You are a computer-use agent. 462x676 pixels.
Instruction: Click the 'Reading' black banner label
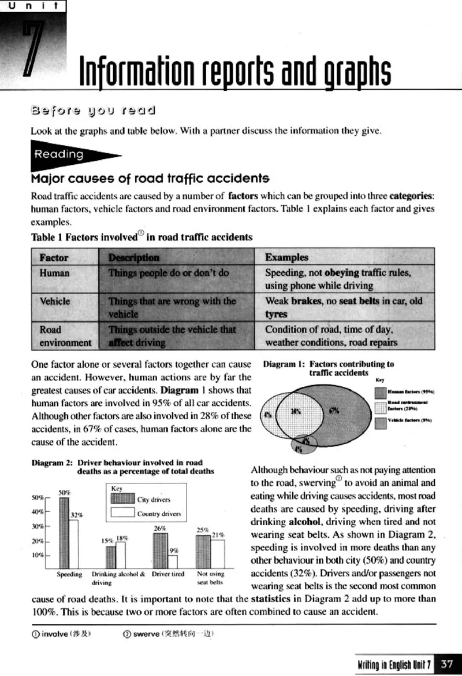pos(59,154)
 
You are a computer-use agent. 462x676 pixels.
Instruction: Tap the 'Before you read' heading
pos(93,110)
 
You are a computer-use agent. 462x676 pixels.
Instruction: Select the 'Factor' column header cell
pos(54,257)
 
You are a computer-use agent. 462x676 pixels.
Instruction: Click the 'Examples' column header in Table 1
pos(286,257)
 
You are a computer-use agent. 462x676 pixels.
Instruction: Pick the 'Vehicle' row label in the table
pos(55,301)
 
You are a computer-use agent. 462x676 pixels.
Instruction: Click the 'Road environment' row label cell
pos(65,336)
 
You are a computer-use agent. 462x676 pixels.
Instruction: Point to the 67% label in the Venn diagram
pos(334,410)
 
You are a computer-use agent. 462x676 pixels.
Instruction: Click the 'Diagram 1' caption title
pos(285,364)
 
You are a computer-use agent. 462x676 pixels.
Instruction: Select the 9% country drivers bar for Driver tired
pos(173,561)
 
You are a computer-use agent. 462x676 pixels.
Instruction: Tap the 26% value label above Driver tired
pos(160,528)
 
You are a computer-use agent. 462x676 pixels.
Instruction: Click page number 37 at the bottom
pos(447,664)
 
